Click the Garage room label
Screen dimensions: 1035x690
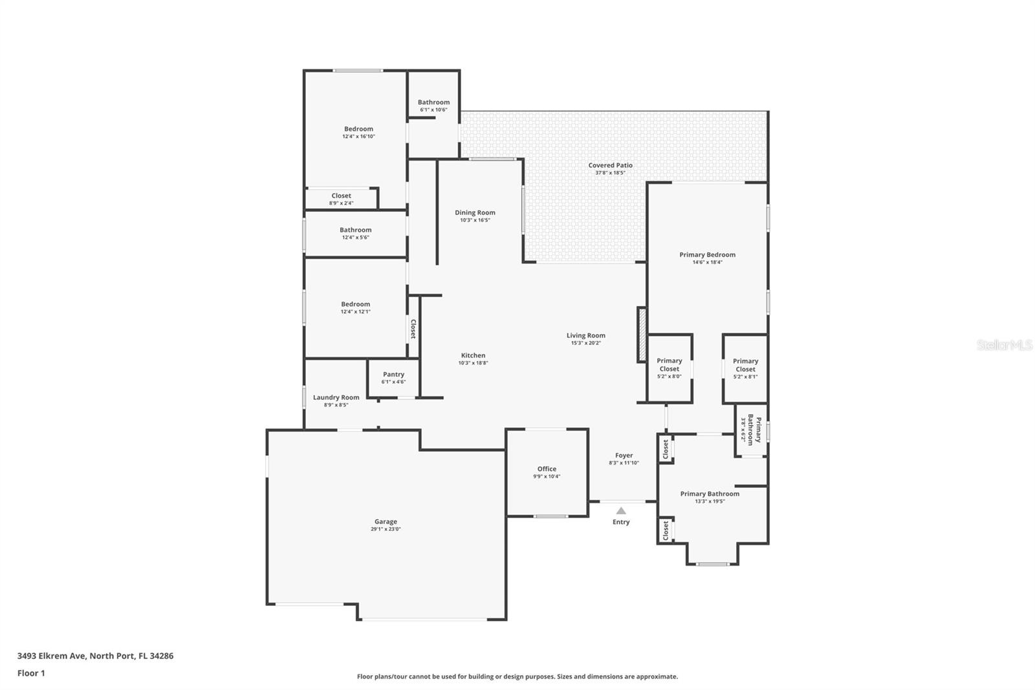coord(386,522)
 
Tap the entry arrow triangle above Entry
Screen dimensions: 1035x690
coord(621,511)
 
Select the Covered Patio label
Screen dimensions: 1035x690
coord(611,165)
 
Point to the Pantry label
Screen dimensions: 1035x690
coord(394,374)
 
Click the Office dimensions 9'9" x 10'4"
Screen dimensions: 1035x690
coord(547,476)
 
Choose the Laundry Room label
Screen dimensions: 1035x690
coord(336,397)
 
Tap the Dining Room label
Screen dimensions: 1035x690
coord(475,213)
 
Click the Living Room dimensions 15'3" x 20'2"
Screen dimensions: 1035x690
coord(586,343)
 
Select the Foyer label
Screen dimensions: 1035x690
coord(624,456)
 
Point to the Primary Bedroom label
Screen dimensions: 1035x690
coord(708,255)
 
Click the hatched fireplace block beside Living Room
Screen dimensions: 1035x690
coord(642,335)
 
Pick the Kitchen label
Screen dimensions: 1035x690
coord(473,355)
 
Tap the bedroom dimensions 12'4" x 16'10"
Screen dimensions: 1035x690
coord(358,137)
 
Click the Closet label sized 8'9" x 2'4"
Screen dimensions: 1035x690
coord(341,195)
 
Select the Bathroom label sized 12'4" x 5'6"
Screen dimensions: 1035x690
coord(355,230)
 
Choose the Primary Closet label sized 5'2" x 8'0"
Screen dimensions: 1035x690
coord(669,364)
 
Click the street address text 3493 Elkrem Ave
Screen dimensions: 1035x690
coord(52,656)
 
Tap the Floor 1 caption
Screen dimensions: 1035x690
coord(31,673)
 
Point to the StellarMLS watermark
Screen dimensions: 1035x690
coord(1005,344)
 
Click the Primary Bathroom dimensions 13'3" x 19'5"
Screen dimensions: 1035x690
coord(710,501)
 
